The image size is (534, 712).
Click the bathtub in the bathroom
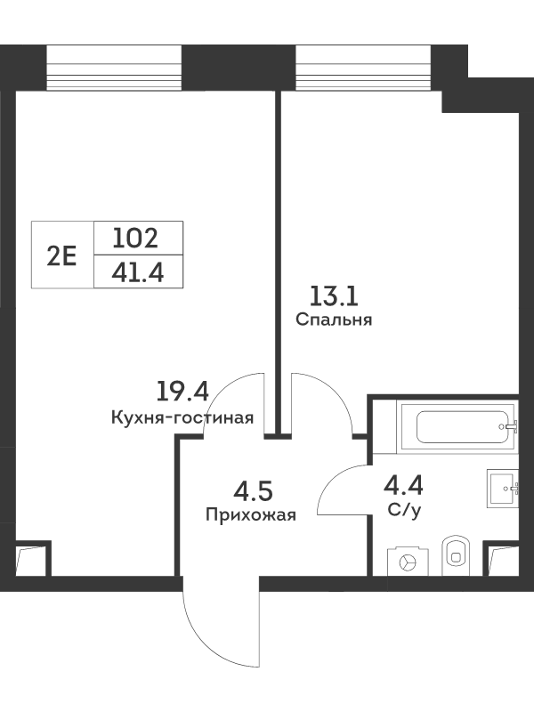tap(457, 427)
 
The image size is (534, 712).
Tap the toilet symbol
tap(457, 555)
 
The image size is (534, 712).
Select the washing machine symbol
tap(408, 562)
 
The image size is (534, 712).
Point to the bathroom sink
tap(503, 488)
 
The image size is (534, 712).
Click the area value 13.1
tap(334, 296)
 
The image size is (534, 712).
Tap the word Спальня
tap(334, 320)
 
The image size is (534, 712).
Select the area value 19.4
tap(182, 392)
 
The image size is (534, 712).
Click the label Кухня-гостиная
tap(182, 417)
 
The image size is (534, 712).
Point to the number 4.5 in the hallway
tap(253, 492)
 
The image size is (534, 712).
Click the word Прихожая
tap(251, 515)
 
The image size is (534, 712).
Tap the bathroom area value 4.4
tap(404, 485)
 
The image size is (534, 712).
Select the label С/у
tap(405, 510)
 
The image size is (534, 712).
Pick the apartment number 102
tap(135, 239)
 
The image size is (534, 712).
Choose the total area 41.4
tap(138, 273)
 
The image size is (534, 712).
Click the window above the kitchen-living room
tap(114, 69)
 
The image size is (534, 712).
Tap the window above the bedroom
tap(362, 69)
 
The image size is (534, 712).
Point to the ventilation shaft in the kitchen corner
tap(31, 560)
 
